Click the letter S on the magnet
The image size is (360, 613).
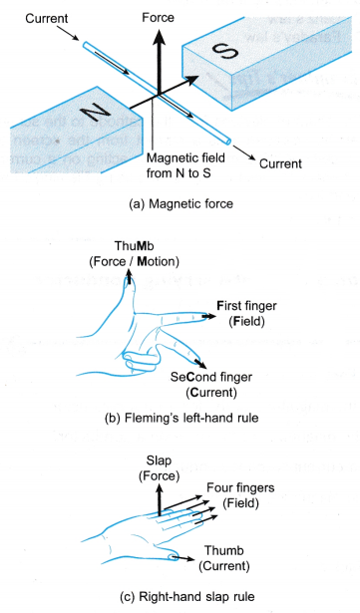click(x=224, y=52)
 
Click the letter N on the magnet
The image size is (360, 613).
click(x=96, y=114)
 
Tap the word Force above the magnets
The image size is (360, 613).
click(x=159, y=18)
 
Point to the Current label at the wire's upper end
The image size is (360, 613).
click(x=47, y=18)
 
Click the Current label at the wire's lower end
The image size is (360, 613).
click(x=280, y=163)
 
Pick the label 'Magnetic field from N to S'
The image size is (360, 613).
click(x=185, y=165)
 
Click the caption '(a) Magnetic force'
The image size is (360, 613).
click(x=180, y=203)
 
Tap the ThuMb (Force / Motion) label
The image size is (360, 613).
click(x=135, y=254)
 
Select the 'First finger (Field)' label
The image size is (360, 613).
click(x=247, y=314)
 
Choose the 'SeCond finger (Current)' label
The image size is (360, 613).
click(x=211, y=385)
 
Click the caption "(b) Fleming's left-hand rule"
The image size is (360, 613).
click(x=181, y=418)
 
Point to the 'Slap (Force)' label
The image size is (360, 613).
click(x=159, y=467)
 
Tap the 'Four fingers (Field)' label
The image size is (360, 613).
click(x=240, y=495)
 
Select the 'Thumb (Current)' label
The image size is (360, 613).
click(x=224, y=558)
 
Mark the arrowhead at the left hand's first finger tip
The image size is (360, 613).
click(x=210, y=316)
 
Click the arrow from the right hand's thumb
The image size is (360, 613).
click(x=183, y=558)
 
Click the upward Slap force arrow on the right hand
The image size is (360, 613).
click(x=160, y=499)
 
